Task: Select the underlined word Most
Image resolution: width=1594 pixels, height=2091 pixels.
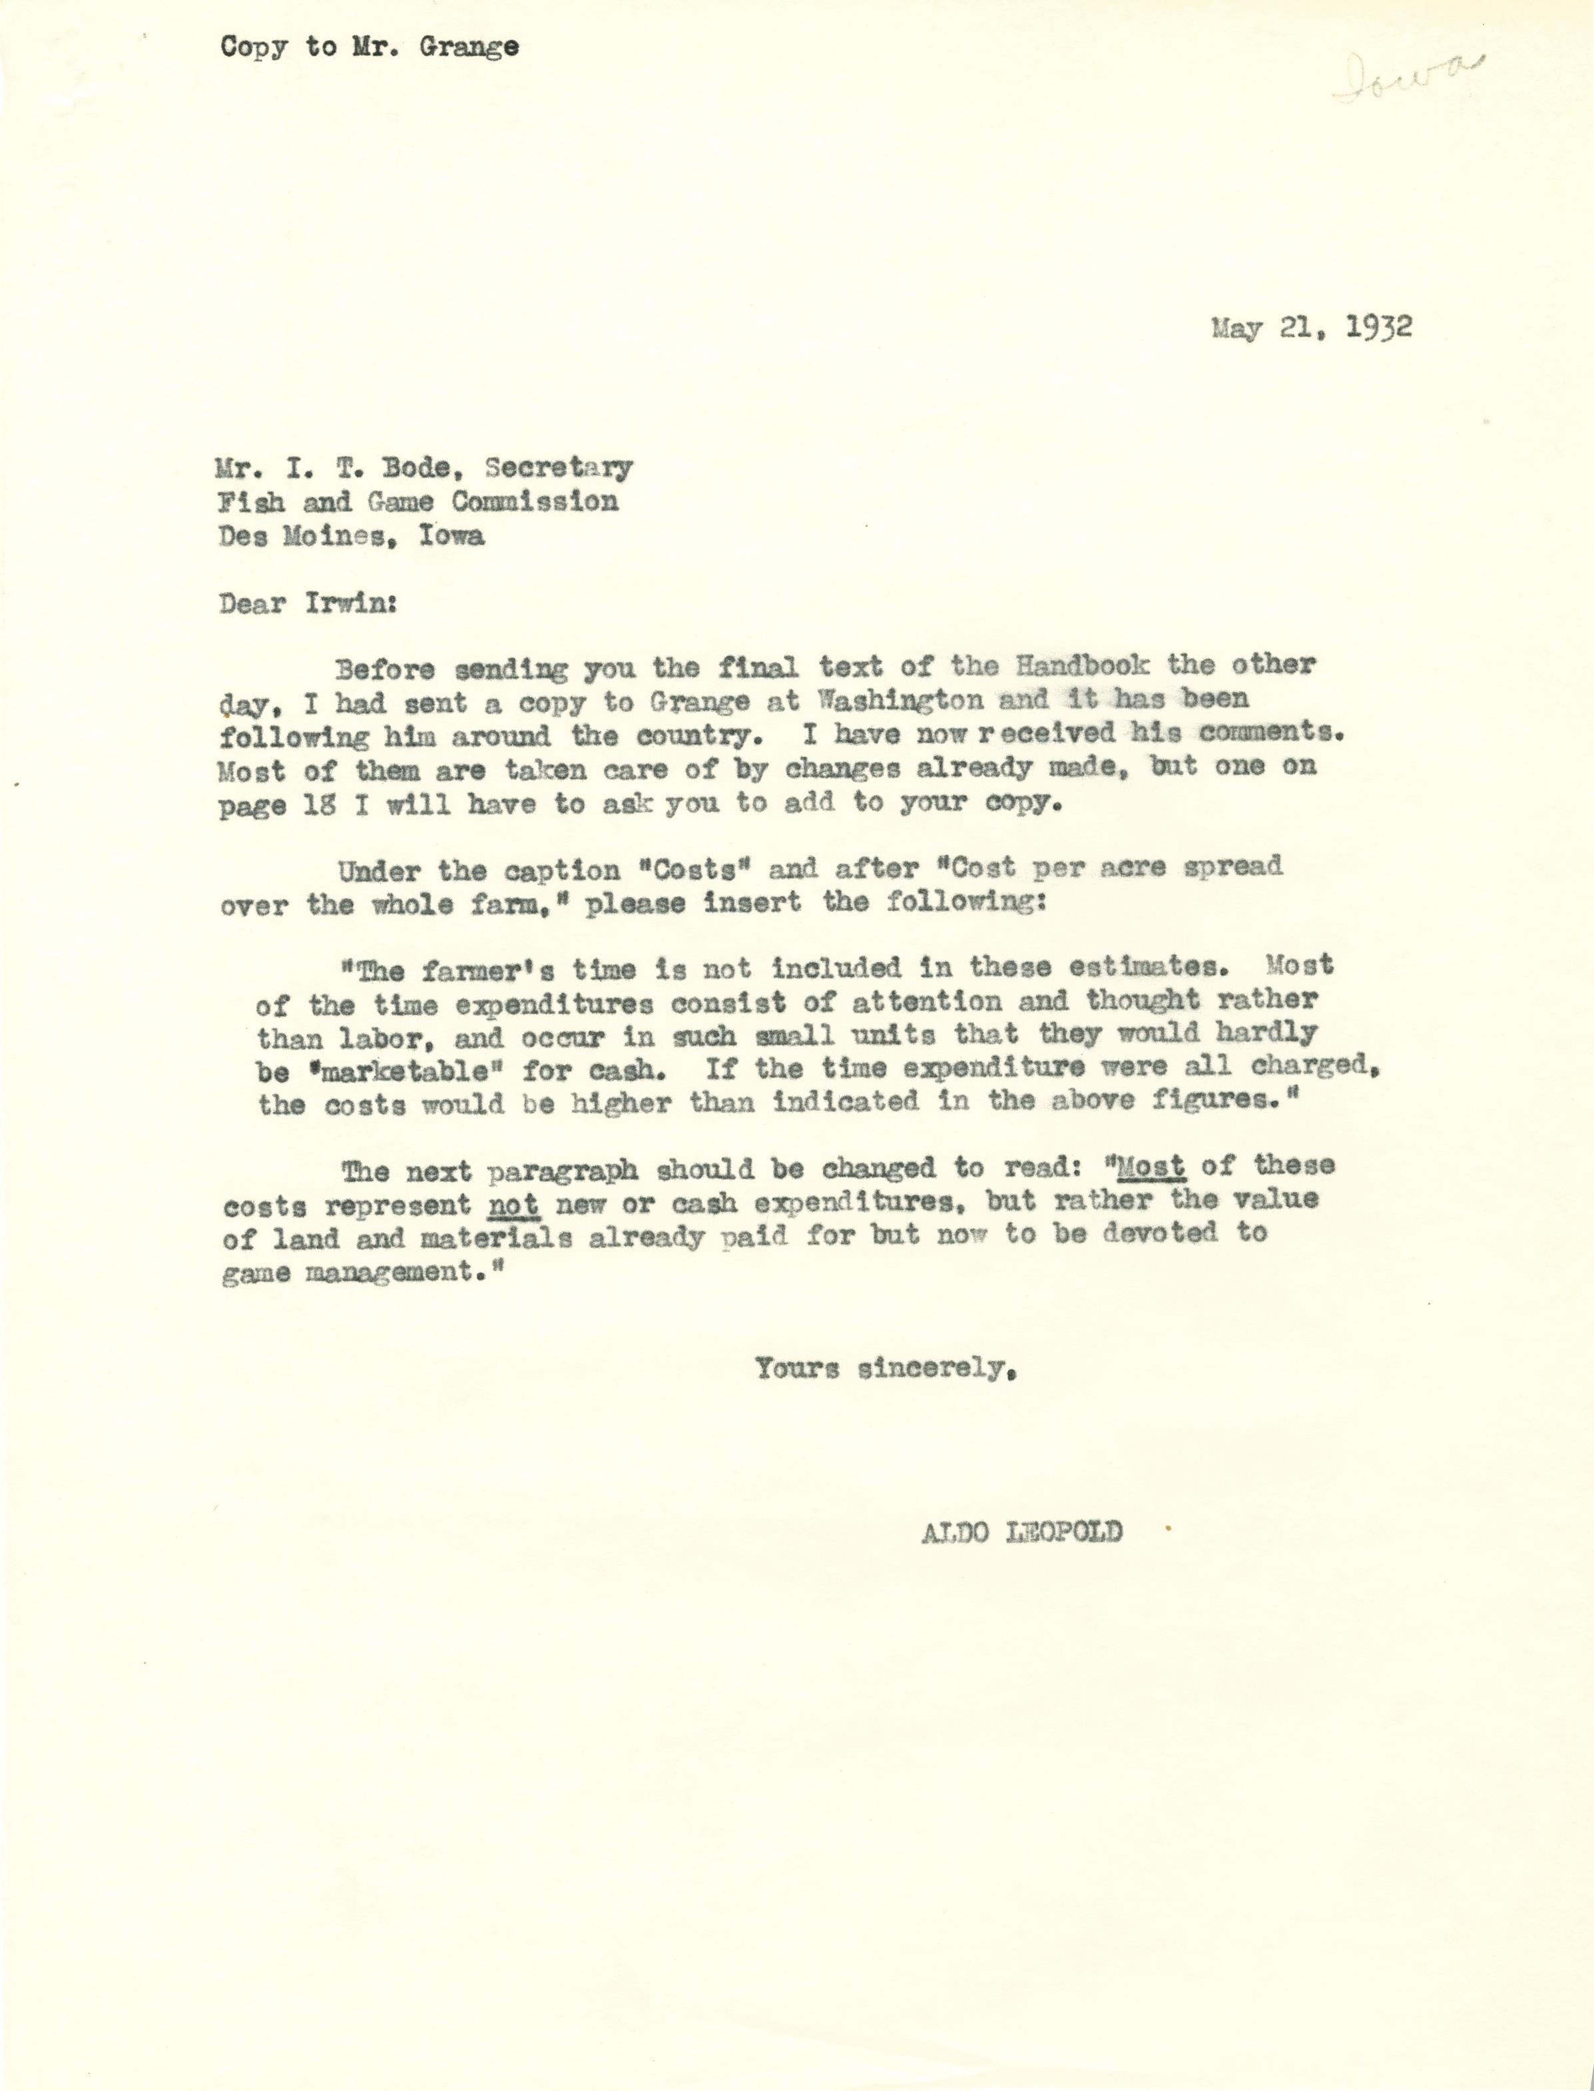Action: (x=1150, y=1165)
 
